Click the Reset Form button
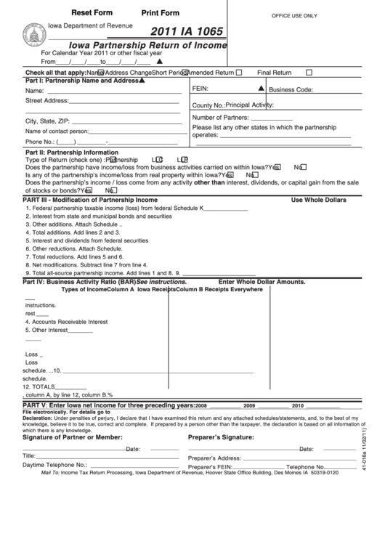point(92,13)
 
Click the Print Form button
point(160,13)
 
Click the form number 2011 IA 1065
point(187,32)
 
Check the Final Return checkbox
point(309,73)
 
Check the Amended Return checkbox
point(239,73)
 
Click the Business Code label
point(291,90)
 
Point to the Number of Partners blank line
point(271,118)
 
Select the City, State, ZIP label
point(47,121)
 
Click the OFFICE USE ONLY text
point(294,15)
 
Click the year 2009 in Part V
point(249,406)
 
